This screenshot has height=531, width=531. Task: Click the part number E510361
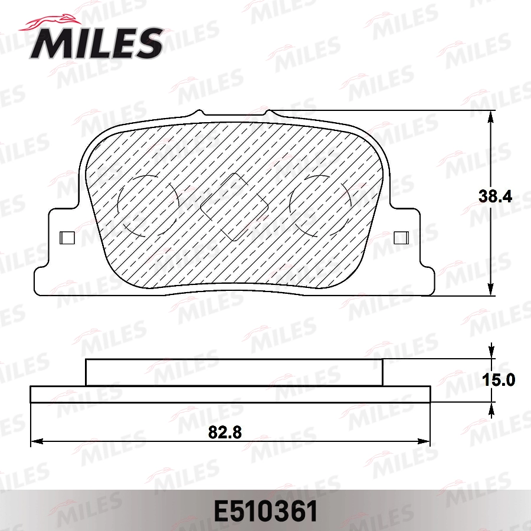265,511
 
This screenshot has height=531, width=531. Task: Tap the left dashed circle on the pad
147,206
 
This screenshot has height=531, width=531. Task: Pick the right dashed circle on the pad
319,206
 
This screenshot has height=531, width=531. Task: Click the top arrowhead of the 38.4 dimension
491,117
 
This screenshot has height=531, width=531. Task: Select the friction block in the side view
234,372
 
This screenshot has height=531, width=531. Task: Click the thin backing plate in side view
230,395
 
